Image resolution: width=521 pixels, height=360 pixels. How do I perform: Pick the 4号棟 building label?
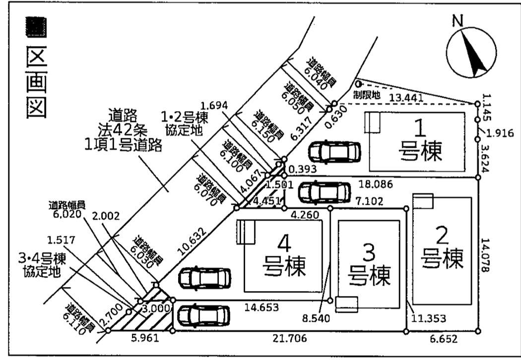coord(283,255)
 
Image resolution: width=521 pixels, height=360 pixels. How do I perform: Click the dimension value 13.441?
coord(406,98)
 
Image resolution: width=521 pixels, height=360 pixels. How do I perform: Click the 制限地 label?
coord(367,94)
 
